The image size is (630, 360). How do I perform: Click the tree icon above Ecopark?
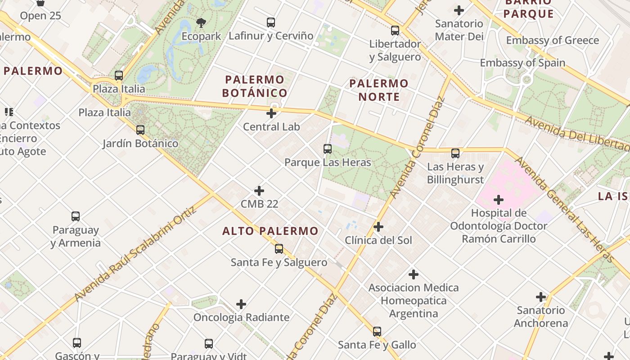(x=201, y=22)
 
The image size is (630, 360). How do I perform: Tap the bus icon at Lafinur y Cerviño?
(x=271, y=22)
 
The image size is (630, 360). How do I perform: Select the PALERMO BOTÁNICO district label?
(x=255, y=86)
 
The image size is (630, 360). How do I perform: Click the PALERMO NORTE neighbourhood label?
(x=378, y=90)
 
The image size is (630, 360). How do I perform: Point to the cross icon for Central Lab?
(x=271, y=113)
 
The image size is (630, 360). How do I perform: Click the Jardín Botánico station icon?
(x=140, y=130)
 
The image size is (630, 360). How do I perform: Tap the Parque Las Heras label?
(x=328, y=162)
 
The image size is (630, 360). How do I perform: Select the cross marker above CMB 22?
(x=259, y=190)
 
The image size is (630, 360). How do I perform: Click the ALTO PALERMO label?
(x=270, y=231)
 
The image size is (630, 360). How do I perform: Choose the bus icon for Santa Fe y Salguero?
(x=279, y=249)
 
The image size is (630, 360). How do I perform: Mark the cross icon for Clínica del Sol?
(x=378, y=227)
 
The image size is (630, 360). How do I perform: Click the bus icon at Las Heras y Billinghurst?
(x=455, y=153)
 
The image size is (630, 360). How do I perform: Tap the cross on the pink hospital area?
(x=499, y=199)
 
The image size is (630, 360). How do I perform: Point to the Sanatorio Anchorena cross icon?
(x=541, y=297)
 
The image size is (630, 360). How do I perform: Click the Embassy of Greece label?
(x=553, y=40)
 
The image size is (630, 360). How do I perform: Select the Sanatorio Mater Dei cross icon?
(x=459, y=10)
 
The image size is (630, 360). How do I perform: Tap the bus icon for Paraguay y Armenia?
(x=76, y=216)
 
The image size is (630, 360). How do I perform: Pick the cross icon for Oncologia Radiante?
(x=241, y=304)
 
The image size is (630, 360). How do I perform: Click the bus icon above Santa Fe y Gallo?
(x=377, y=332)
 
